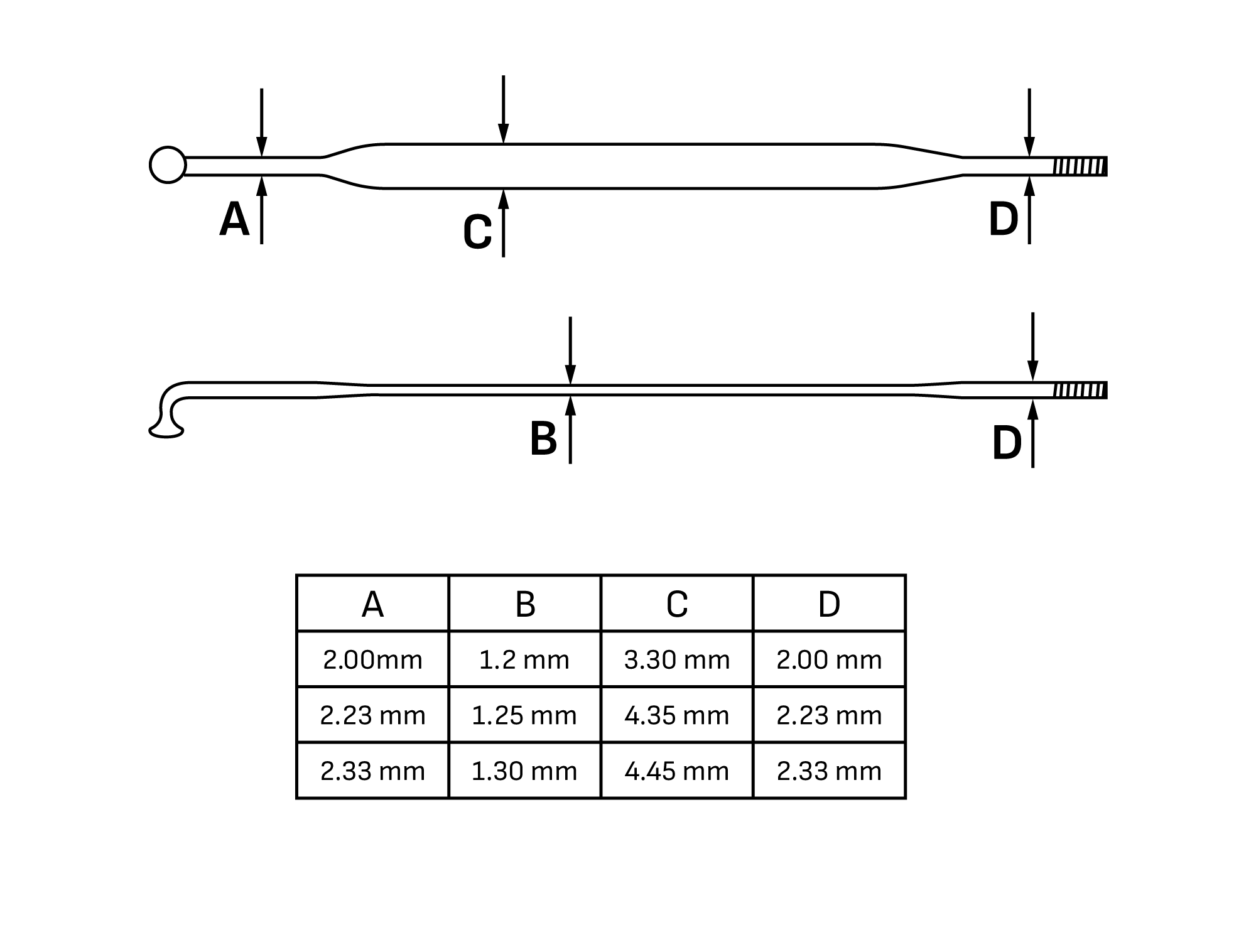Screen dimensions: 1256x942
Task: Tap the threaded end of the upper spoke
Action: tap(1080, 166)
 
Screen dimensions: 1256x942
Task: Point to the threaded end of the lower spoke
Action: tap(1080, 390)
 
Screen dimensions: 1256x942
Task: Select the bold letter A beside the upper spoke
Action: tap(234, 219)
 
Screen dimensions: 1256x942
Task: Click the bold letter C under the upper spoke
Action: tap(477, 232)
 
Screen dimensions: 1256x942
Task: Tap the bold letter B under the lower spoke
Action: tap(543, 438)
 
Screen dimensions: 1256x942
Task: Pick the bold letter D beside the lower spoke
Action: tap(1007, 443)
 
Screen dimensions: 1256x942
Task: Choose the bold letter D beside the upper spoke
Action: tap(1004, 219)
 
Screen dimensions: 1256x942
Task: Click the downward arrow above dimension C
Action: tap(503, 109)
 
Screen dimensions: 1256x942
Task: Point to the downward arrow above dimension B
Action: tap(570, 350)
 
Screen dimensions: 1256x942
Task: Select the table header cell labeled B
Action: tap(525, 603)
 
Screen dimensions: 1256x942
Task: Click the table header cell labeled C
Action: tap(677, 603)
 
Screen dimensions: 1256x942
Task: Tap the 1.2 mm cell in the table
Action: tap(525, 659)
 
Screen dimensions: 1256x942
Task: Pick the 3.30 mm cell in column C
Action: tap(677, 659)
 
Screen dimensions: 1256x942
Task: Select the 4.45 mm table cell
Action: tap(677, 771)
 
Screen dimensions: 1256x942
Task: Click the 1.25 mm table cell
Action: tap(525, 715)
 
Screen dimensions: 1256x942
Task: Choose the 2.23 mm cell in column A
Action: tap(372, 715)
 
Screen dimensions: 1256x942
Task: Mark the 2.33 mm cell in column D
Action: tap(829, 771)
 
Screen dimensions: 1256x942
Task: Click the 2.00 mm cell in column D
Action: tap(829, 659)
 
